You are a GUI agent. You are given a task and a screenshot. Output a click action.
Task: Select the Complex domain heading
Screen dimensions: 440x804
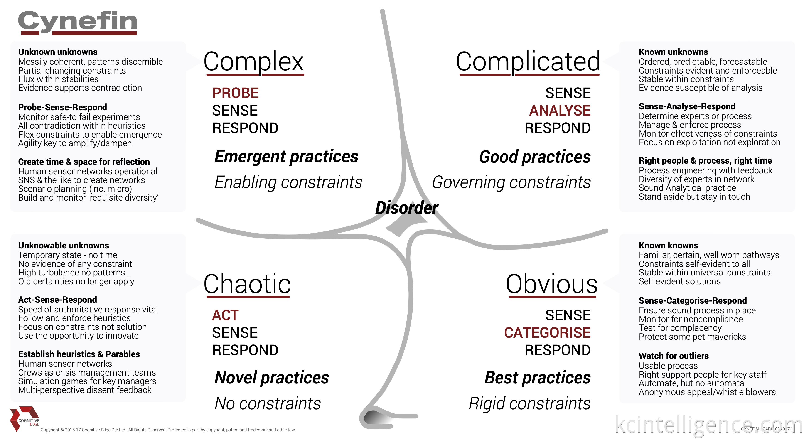(253, 61)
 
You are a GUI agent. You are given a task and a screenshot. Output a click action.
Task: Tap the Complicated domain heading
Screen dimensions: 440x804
(528, 61)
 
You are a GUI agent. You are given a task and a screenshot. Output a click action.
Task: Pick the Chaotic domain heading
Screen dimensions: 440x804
(247, 284)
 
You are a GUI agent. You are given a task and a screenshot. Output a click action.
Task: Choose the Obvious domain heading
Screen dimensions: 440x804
(551, 284)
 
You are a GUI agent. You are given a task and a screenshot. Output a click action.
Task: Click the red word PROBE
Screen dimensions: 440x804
(235, 93)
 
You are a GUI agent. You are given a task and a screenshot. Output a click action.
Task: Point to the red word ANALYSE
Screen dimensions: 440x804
(560, 111)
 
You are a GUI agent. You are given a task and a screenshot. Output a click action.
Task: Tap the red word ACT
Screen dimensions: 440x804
(225, 315)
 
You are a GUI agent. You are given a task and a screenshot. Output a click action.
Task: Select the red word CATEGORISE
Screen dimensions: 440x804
(547, 333)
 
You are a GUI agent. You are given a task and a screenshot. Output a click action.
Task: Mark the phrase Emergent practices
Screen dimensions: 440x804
(286, 156)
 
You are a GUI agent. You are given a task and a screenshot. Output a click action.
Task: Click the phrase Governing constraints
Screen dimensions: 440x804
(511, 182)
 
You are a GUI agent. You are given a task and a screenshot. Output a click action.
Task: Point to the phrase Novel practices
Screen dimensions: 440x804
(272, 378)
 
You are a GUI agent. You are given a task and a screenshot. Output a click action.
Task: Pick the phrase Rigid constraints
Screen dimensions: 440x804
(529, 403)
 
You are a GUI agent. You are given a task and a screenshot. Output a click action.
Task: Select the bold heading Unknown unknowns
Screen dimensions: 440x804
(58, 52)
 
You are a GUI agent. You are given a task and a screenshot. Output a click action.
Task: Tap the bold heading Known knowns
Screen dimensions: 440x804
(668, 245)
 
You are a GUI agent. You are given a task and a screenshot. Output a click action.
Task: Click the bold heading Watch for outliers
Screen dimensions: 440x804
(674, 356)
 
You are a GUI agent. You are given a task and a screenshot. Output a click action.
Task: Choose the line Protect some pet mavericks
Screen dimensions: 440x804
(692, 337)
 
